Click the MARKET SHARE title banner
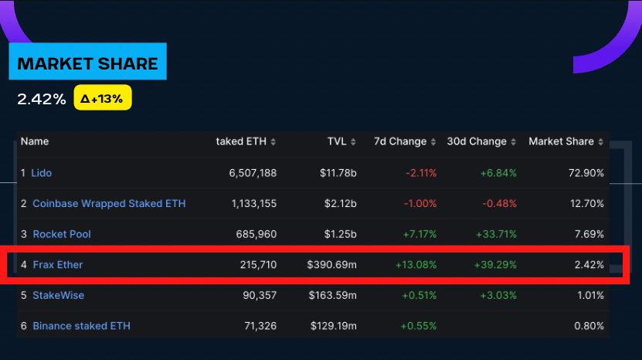(x=87, y=63)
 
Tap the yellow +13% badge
(x=103, y=98)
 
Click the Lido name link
(x=42, y=172)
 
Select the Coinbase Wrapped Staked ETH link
(x=109, y=203)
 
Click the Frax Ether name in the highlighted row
(x=58, y=264)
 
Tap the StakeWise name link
(x=59, y=295)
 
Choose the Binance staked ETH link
(x=81, y=326)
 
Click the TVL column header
(x=338, y=141)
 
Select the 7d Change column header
(x=400, y=141)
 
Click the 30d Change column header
(x=477, y=141)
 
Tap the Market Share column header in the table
(x=561, y=141)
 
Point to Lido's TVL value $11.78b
(x=338, y=172)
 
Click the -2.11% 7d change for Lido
(x=421, y=172)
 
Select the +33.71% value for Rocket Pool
(x=496, y=234)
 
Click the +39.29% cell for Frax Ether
(x=496, y=264)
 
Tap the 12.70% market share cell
(x=589, y=203)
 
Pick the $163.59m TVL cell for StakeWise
(x=333, y=295)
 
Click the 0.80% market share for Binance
(x=591, y=326)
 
